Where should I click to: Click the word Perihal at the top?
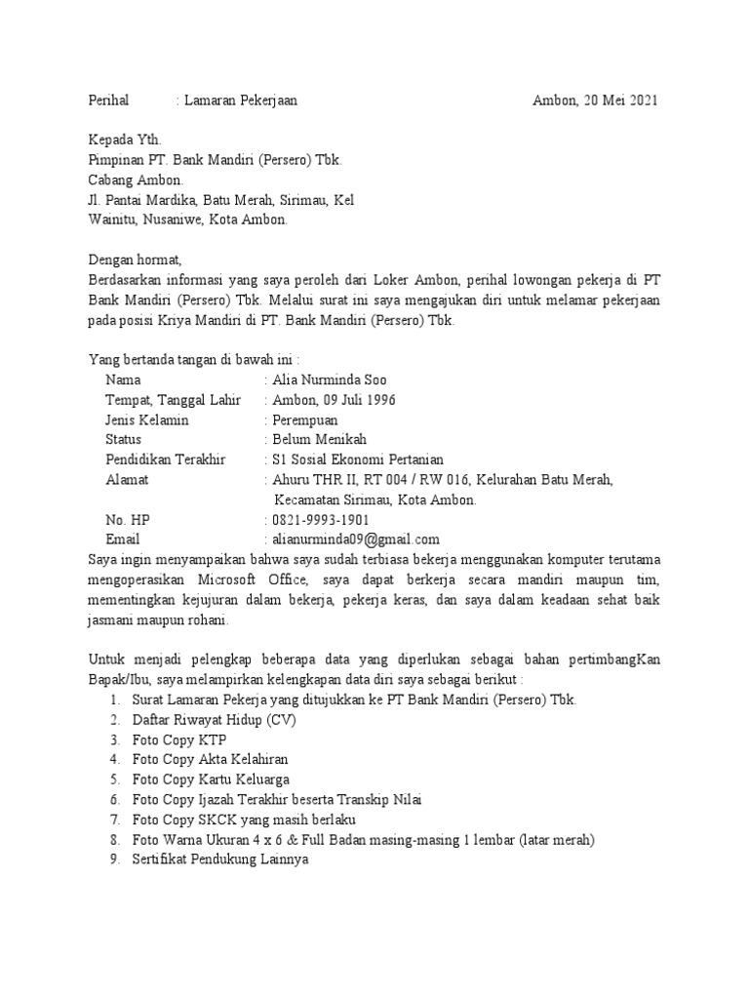108,100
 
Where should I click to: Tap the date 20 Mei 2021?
619,100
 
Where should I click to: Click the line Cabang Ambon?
128,180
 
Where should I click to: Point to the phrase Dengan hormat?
136,260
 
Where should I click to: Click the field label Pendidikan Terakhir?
165,460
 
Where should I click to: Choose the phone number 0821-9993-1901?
320,519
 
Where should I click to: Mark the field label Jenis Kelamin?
147,420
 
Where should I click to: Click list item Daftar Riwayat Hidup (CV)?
214,720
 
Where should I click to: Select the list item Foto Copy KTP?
179,739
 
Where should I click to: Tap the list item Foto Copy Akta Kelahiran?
210,759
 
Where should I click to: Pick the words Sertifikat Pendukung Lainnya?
220,859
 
